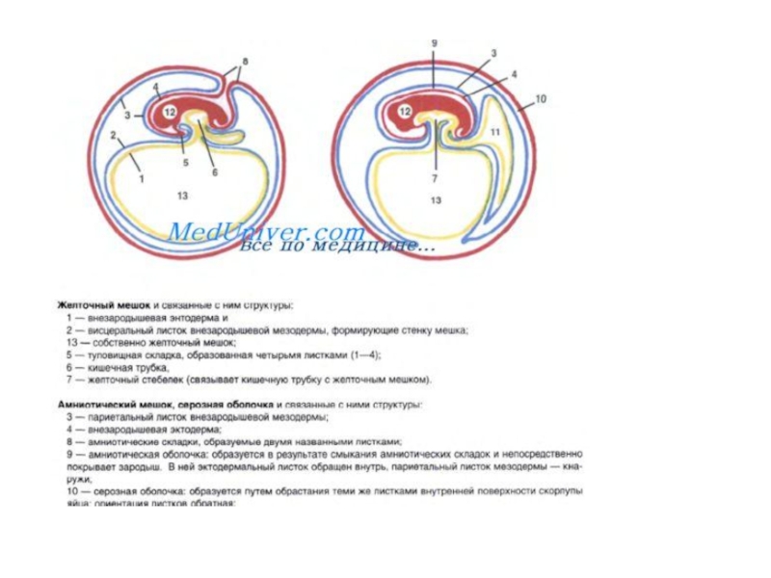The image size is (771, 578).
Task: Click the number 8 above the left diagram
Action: coord(244,61)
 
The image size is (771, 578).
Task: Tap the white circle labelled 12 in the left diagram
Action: coord(170,114)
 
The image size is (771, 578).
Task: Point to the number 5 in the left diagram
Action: coord(186,164)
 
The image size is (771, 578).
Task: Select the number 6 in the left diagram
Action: coord(214,172)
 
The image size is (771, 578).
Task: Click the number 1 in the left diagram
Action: coord(141,178)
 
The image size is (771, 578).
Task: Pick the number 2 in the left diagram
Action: coord(114,135)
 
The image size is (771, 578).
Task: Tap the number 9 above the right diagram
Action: coord(434,43)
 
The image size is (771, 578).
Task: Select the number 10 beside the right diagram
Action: coord(541,98)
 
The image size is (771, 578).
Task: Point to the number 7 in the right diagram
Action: coord(435,179)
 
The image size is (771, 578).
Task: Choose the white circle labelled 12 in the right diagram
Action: coord(405,113)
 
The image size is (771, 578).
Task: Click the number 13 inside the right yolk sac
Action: coord(436,200)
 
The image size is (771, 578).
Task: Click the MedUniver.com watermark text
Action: coord(266,232)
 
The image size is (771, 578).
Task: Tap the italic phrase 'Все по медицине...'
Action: coord(336,247)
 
